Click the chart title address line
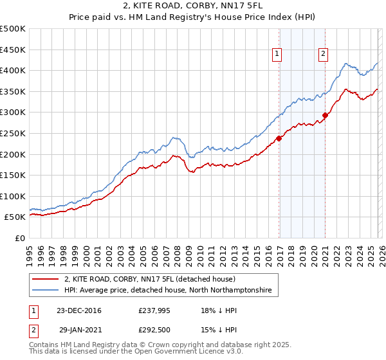(192, 6)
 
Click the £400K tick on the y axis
(13, 71)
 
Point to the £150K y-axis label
(13, 175)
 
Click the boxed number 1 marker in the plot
(277, 55)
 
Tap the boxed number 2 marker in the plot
(323, 55)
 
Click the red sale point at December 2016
(279, 138)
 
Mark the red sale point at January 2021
(326, 116)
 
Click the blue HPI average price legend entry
(168, 291)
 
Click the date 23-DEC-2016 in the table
(79, 311)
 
